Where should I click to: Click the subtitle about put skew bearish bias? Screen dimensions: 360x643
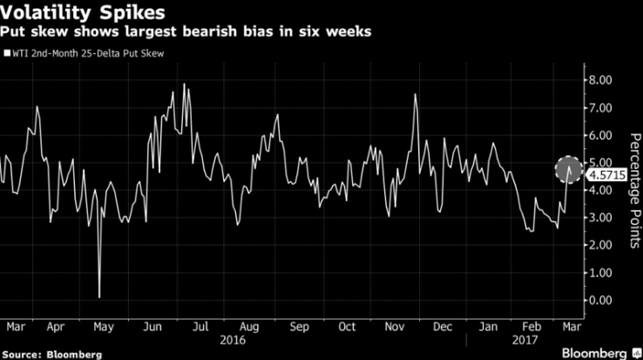coord(186,32)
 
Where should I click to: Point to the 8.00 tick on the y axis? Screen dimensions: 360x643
coord(601,80)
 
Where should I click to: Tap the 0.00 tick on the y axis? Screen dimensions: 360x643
coord(601,300)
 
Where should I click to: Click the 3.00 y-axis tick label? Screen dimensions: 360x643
coord(601,218)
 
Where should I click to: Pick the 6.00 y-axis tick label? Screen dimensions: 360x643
coord(601,135)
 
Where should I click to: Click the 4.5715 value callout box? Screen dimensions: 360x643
coord(606,174)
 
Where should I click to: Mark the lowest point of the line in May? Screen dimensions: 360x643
coord(99,297)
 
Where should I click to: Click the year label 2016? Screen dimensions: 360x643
coord(235,340)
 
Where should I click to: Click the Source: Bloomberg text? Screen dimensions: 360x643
coord(52,354)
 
